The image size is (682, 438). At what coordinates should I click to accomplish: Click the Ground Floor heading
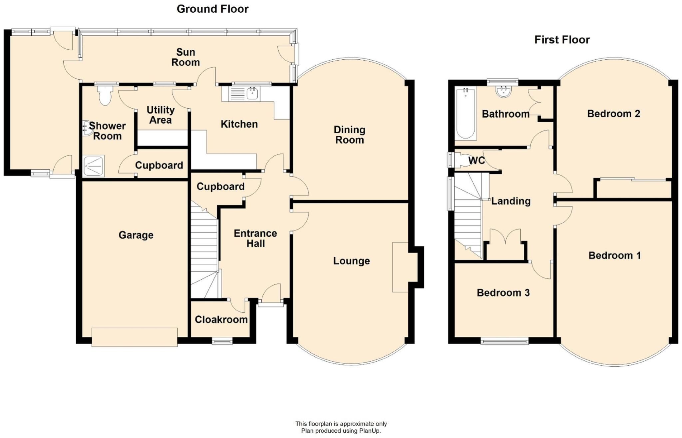212,9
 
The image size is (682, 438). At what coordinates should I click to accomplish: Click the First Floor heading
562,40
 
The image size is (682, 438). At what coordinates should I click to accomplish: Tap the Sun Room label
185,57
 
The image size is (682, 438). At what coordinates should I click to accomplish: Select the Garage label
136,235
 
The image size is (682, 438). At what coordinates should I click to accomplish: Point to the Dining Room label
349,135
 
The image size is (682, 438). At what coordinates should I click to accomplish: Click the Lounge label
351,261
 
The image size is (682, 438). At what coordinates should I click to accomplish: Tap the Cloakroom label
221,320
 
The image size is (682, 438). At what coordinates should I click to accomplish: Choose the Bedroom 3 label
503,293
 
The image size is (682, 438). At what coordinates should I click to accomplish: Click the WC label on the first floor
477,161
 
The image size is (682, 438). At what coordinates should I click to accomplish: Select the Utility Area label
161,115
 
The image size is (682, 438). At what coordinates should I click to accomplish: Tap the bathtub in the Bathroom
465,113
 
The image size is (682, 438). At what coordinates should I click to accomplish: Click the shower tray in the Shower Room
94,166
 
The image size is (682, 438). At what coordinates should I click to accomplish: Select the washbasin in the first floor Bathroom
503,92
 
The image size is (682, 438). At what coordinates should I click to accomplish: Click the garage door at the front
135,337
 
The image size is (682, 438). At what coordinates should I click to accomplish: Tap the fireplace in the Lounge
400,267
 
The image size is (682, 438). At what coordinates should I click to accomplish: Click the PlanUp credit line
341,431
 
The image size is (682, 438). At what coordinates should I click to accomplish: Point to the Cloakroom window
222,340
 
